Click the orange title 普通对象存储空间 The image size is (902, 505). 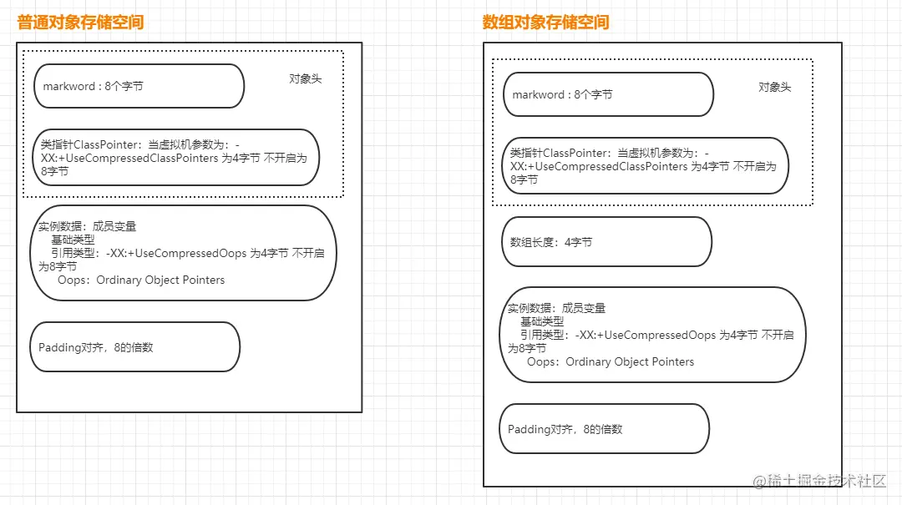[x=80, y=23]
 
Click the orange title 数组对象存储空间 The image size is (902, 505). [x=545, y=23]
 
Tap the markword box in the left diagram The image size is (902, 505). [x=139, y=86]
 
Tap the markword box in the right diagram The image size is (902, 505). [x=608, y=94]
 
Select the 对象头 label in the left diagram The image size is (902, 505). [x=306, y=78]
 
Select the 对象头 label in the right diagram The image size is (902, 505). [x=774, y=87]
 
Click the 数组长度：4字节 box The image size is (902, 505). [x=606, y=242]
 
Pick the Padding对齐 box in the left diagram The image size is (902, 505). [x=134, y=347]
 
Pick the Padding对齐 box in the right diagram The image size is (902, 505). [x=604, y=429]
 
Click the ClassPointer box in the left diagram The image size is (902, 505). [x=176, y=157]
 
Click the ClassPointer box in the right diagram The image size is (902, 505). [x=645, y=165]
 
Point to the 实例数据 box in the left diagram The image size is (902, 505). [x=184, y=253]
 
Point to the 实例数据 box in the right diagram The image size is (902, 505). [x=652, y=335]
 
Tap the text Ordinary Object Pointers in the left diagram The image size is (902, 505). [x=160, y=280]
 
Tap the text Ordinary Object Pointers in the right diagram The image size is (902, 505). [x=630, y=362]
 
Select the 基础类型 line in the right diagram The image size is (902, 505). [x=542, y=321]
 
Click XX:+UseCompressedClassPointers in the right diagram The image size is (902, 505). [x=599, y=166]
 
